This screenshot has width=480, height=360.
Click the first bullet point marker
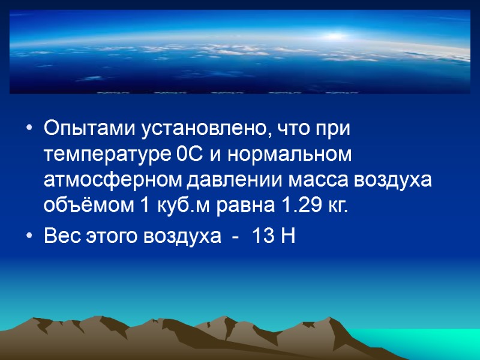tap(31, 130)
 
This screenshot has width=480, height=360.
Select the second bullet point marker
tap(31, 238)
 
